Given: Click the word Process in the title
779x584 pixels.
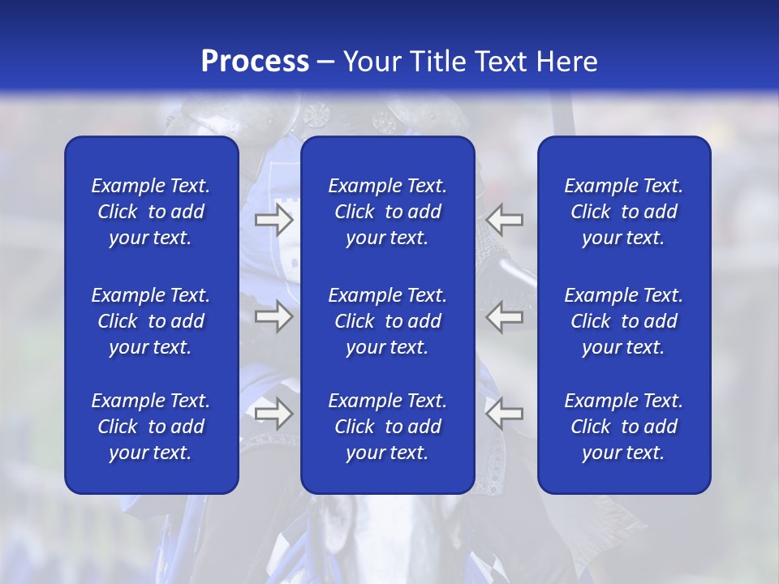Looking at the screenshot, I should [x=255, y=62].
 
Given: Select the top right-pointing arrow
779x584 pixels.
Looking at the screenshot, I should [x=273, y=219].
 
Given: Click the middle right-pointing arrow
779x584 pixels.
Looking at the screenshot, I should [x=273, y=316].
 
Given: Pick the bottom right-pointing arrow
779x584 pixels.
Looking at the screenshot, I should [x=273, y=414].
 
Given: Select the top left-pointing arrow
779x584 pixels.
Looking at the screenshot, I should [x=505, y=219].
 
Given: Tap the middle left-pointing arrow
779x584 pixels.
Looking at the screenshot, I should [x=505, y=316].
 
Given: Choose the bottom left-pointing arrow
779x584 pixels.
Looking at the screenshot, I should [x=505, y=414].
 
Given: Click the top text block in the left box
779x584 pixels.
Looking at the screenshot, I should [x=151, y=212].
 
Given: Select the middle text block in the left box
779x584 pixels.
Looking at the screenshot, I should [x=151, y=321].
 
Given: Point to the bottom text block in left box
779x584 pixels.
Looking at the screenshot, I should [x=151, y=427].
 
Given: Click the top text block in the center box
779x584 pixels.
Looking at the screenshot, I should [x=387, y=212].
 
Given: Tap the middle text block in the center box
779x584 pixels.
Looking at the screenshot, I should [x=387, y=321].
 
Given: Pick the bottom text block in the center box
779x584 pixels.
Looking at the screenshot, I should [x=387, y=427].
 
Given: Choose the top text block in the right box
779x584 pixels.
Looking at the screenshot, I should [x=623, y=212].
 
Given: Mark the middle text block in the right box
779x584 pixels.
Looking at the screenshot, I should [x=623, y=321].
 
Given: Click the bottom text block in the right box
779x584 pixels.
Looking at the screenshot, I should [x=623, y=427].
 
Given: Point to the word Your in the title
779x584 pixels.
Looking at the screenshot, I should [x=372, y=62].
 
